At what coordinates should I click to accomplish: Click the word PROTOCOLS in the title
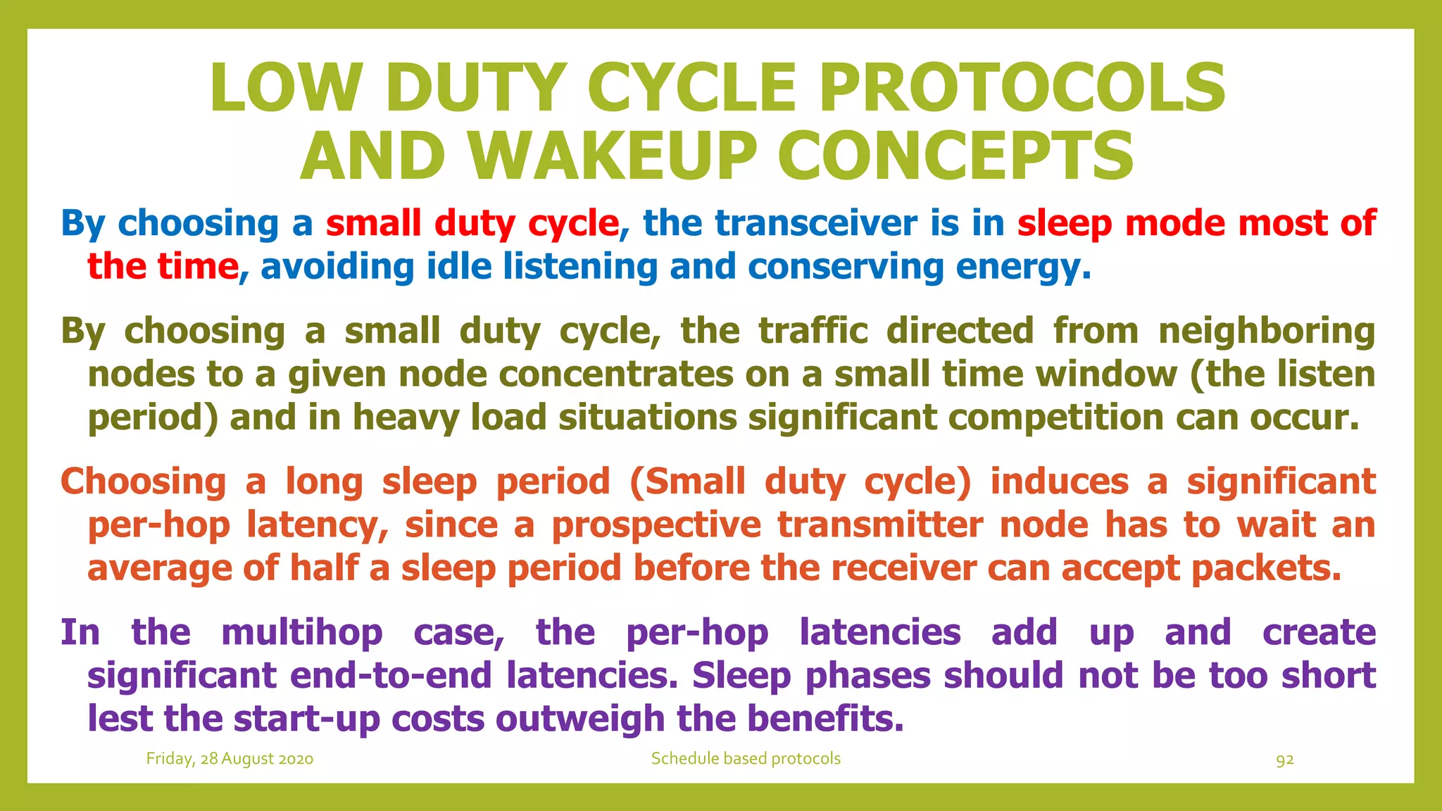pos(1022,88)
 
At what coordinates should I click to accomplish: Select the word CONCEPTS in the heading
pos(955,156)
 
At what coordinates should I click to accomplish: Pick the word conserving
pos(846,267)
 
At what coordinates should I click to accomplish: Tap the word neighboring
pos(1267,330)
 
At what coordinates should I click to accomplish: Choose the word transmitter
pos(880,525)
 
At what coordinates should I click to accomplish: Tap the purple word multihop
pos(302,632)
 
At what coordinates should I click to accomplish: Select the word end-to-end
pos(391,676)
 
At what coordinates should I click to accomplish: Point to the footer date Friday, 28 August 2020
pos(230,759)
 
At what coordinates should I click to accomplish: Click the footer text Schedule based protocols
pos(746,759)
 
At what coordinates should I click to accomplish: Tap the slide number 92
pos(1285,760)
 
